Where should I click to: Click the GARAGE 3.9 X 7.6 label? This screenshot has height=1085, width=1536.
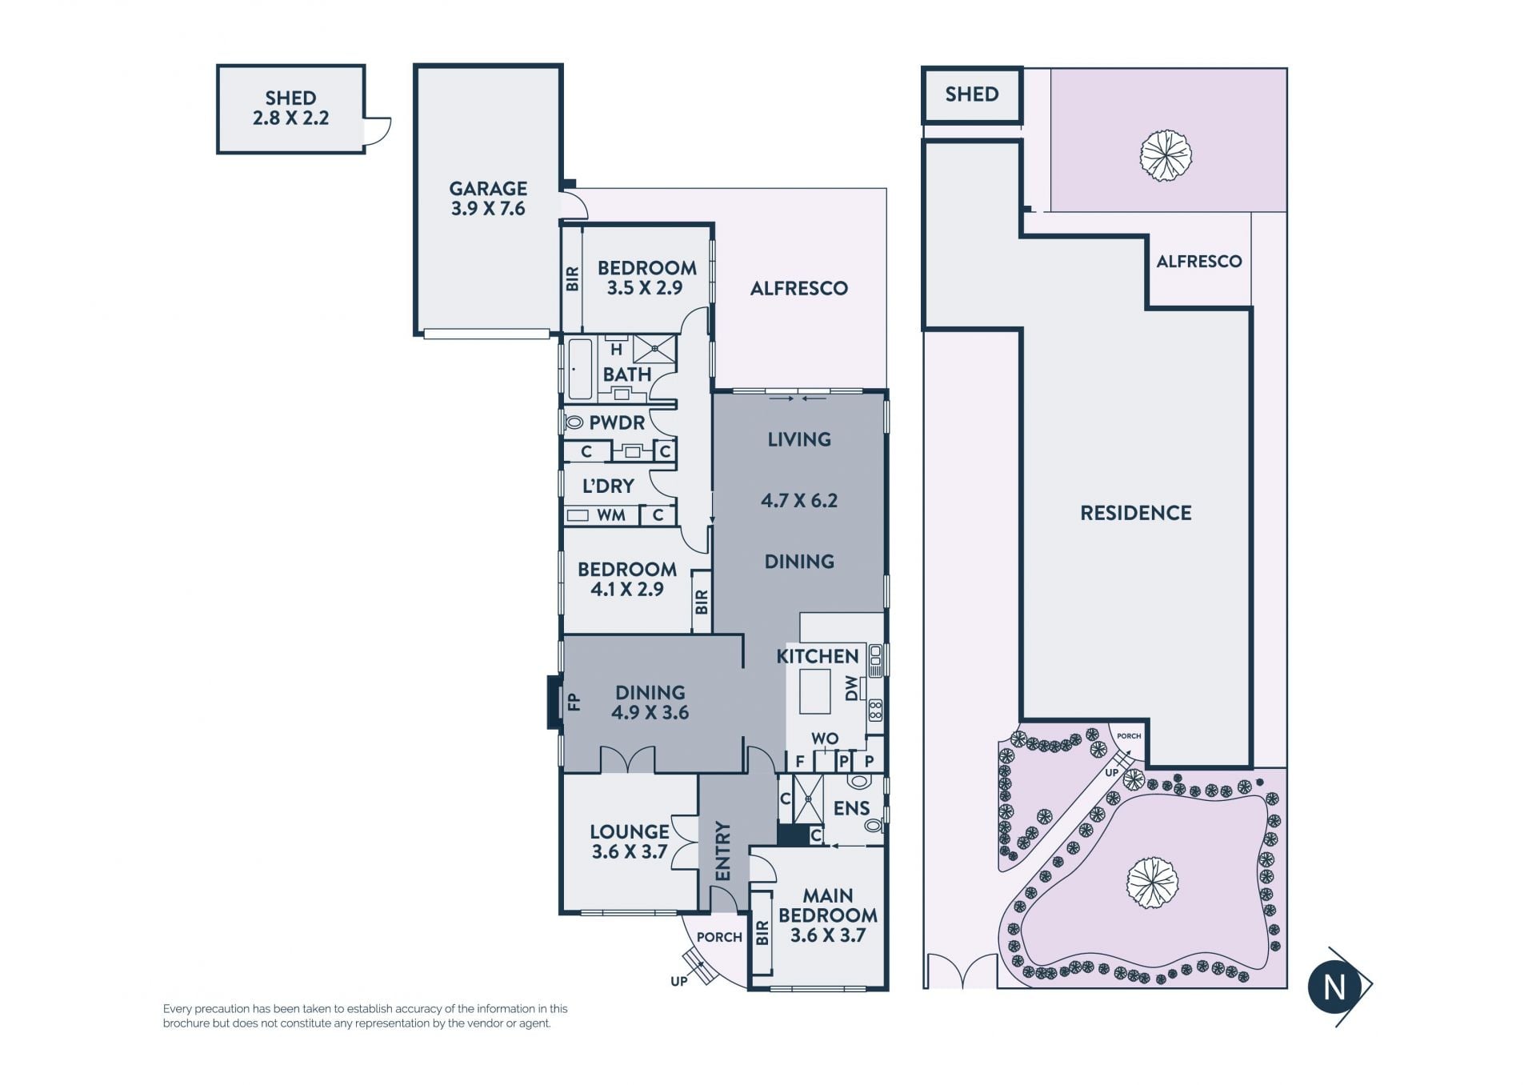point(488,198)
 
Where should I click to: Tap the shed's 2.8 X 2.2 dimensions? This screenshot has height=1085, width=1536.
point(290,118)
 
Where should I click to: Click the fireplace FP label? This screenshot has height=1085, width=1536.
point(574,702)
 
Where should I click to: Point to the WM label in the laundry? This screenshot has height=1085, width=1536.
point(611,515)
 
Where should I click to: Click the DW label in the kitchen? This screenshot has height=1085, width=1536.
point(851,688)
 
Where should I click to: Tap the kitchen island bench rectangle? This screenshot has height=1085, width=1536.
point(815,691)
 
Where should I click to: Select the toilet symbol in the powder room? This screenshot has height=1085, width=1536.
point(574,422)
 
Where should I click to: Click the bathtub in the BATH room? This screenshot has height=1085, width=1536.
point(579,369)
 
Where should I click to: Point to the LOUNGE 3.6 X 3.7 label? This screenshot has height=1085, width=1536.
point(630,842)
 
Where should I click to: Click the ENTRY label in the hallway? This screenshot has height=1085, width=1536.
point(723,851)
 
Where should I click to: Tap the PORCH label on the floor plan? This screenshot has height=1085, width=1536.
point(719,937)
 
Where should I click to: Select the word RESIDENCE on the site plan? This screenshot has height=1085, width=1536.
point(1136,513)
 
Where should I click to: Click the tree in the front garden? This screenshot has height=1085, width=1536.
point(1153,883)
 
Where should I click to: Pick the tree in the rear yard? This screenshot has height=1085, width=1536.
point(1166,155)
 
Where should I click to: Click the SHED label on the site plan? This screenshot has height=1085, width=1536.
point(972,94)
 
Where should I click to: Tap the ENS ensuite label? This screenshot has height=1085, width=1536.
point(851,808)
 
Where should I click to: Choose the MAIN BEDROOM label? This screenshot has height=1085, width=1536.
point(828,905)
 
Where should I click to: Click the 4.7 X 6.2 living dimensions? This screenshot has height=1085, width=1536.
point(799,501)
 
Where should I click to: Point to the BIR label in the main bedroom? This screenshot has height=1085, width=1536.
point(762,932)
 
